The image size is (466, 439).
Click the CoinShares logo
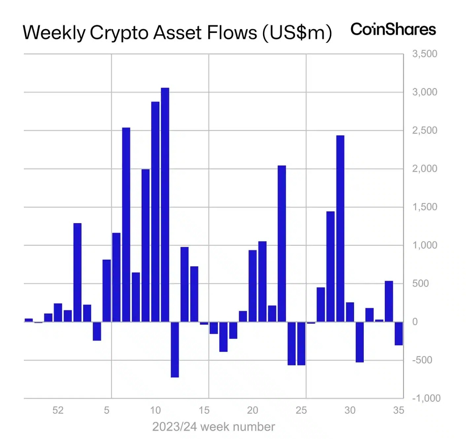(393, 30)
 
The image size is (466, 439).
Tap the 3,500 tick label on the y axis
(424, 54)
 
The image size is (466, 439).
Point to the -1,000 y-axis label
(426, 398)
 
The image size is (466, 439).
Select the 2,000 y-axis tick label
(424, 169)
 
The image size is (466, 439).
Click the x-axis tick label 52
(58, 410)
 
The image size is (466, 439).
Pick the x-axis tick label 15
(204, 410)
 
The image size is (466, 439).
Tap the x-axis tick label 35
(399, 410)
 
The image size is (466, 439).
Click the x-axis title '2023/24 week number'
(213, 427)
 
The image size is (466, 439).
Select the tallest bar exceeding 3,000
(165, 204)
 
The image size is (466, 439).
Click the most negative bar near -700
(175, 349)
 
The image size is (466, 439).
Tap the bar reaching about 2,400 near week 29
(340, 228)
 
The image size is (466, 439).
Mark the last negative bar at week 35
(399, 334)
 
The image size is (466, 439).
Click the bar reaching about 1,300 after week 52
(78, 272)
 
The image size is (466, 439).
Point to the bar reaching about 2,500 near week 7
(126, 224)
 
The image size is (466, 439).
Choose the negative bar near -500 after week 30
(360, 342)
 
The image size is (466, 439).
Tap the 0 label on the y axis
(415, 322)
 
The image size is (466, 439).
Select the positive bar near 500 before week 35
(389, 301)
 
